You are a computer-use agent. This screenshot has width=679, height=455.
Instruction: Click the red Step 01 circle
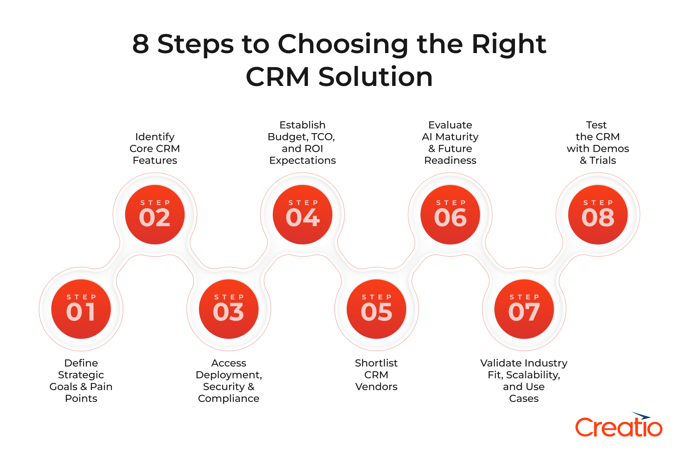click(81, 309)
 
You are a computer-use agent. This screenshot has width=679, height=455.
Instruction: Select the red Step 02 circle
click(155, 214)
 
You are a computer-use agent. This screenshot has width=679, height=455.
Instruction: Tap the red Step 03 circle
click(229, 309)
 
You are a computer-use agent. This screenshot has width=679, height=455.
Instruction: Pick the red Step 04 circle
click(302, 214)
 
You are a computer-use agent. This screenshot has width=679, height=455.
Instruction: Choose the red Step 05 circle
click(376, 309)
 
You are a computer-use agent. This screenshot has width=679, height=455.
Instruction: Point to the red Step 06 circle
click(450, 214)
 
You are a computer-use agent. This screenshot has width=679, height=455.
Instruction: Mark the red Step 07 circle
click(524, 309)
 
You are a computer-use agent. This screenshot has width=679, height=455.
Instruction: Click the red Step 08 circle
click(598, 214)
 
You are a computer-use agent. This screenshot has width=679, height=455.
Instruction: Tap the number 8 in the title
click(141, 44)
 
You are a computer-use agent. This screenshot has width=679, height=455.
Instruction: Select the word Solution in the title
click(375, 77)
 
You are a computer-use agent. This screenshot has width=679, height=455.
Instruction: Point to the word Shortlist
click(376, 363)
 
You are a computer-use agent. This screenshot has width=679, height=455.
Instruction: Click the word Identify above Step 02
click(155, 137)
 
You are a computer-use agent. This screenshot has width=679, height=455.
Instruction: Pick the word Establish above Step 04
click(302, 125)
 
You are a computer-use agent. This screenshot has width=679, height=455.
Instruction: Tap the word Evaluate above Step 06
click(450, 125)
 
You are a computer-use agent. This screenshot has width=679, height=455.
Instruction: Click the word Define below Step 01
click(81, 363)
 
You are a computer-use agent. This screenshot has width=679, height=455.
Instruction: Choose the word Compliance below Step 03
click(229, 399)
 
